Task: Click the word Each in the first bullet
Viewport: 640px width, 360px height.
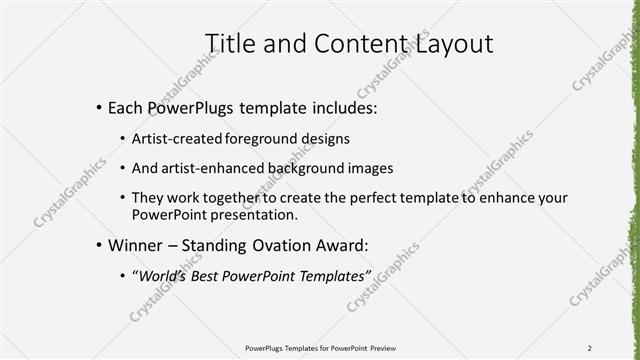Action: (128, 107)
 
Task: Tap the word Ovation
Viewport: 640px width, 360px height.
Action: (294, 244)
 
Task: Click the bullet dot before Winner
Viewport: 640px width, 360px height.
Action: (98, 245)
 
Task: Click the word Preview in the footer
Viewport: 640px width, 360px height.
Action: (390, 348)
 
